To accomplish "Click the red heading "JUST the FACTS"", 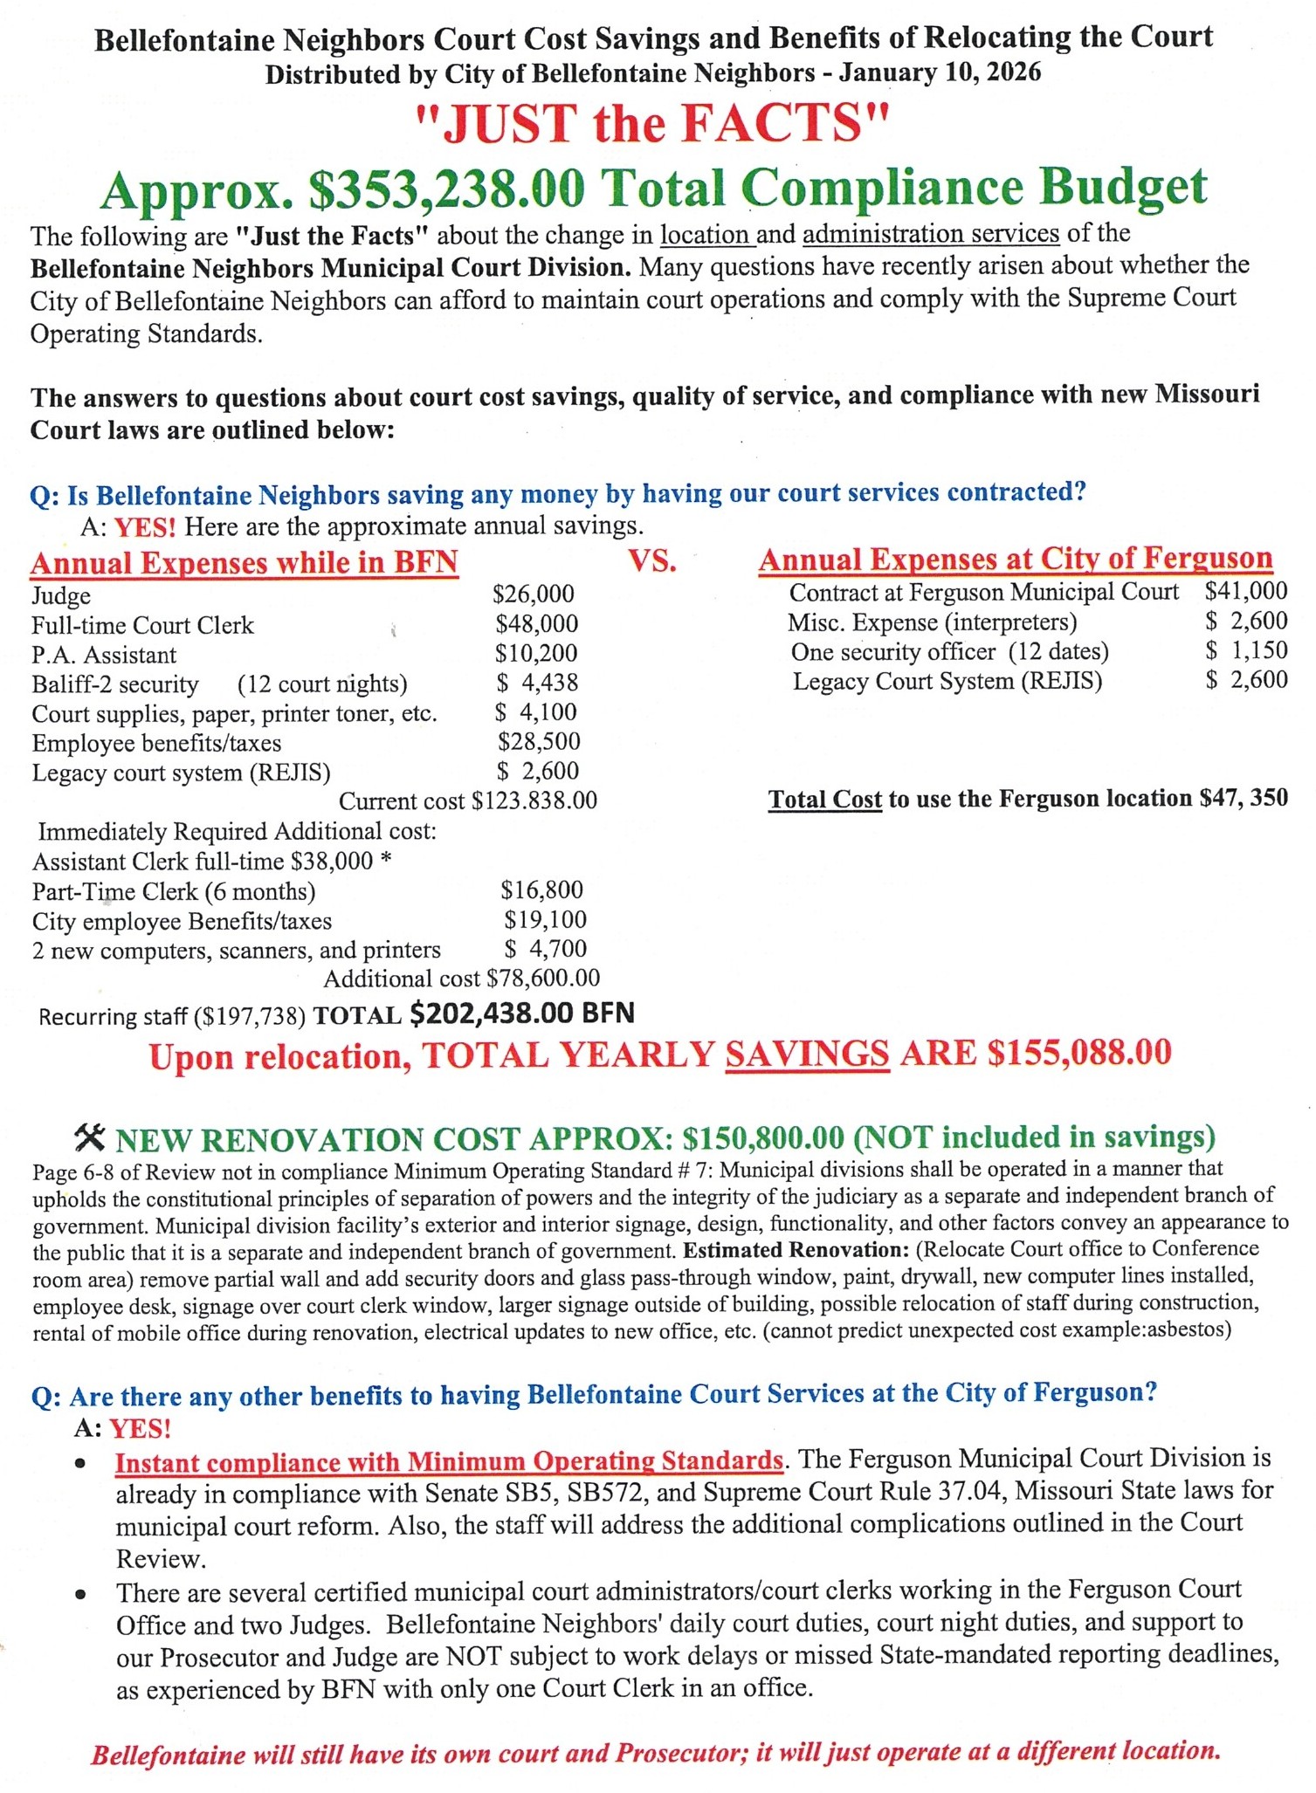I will click(x=652, y=123).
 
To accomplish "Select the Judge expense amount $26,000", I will click(x=534, y=594).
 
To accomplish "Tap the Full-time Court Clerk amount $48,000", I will click(x=536, y=624).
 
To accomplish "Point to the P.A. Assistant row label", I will click(x=104, y=655).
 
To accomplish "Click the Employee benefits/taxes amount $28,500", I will click(x=539, y=742).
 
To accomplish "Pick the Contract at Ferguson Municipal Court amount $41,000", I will click(x=1245, y=591).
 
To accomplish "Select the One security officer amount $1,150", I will click(x=1246, y=650).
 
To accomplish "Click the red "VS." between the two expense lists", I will click(x=652, y=561).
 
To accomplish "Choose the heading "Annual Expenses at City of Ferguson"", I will click(x=1015, y=559).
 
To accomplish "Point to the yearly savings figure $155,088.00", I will click(x=1078, y=1053).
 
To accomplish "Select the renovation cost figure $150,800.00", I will click(x=762, y=1137).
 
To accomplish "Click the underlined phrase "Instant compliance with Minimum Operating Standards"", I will click(x=449, y=1461).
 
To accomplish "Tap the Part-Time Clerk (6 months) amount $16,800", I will click(x=541, y=890).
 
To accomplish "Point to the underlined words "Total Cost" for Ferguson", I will click(x=824, y=800).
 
